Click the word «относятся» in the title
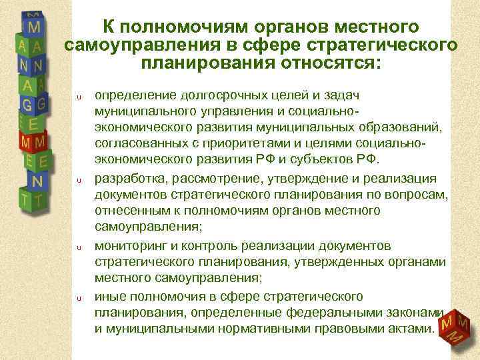313,65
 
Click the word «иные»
111,295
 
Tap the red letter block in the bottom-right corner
455,328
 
